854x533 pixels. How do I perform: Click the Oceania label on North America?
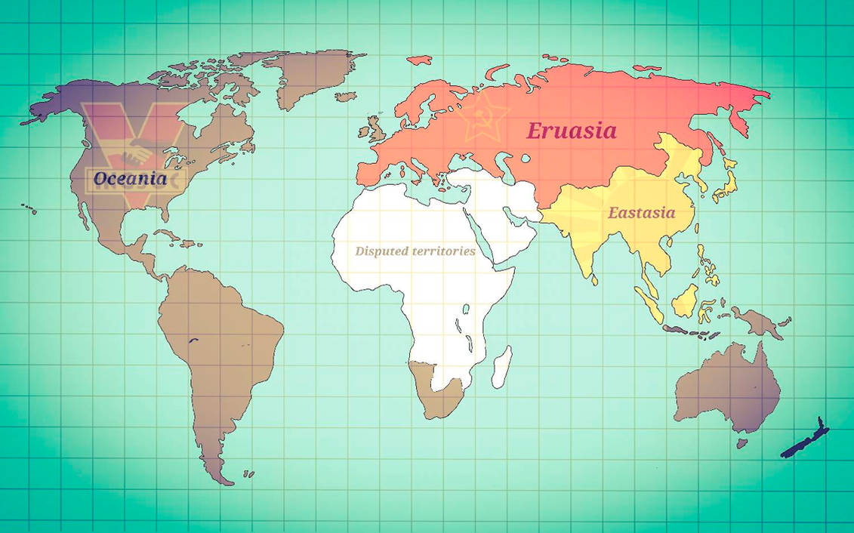[129, 180]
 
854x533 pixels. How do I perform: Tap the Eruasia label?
[571, 131]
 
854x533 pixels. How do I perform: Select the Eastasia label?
[642, 213]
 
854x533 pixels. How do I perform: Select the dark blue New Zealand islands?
[804, 442]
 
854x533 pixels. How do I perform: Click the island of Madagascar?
[501, 367]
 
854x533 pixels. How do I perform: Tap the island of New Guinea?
[759, 321]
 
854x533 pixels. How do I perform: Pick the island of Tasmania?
[742, 443]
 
